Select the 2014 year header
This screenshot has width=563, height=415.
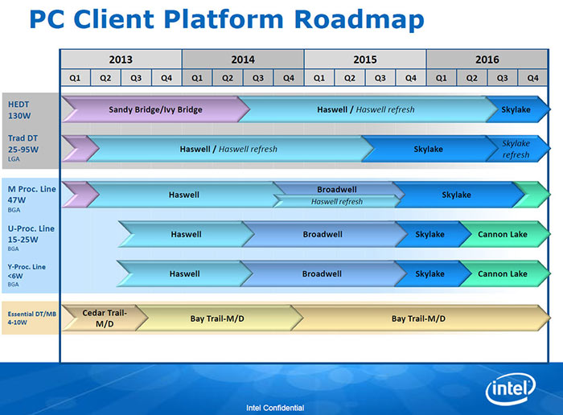[x=243, y=60]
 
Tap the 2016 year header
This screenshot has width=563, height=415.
[x=487, y=60]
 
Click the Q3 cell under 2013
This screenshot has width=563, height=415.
[x=136, y=78]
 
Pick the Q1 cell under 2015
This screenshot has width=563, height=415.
[x=319, y=78]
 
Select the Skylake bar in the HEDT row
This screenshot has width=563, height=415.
[x=516, y=109]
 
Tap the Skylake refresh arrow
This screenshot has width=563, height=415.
[x=516, y=149]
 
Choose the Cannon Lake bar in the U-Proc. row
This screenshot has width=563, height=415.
[x=503, y=234]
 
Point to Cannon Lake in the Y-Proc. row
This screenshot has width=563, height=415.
[x=503, y=273]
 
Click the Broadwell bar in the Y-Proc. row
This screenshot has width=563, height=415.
[x=322, y=273]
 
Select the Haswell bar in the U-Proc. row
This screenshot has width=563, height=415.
[x=185, y=234]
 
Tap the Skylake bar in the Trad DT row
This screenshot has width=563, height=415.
[x=428, y=149]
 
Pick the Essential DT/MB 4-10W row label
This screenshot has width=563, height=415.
[x=30, y=318]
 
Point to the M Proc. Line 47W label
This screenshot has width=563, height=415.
[x=30, y=194]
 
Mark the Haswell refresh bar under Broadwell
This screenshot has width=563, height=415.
[x=336, y=202]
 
